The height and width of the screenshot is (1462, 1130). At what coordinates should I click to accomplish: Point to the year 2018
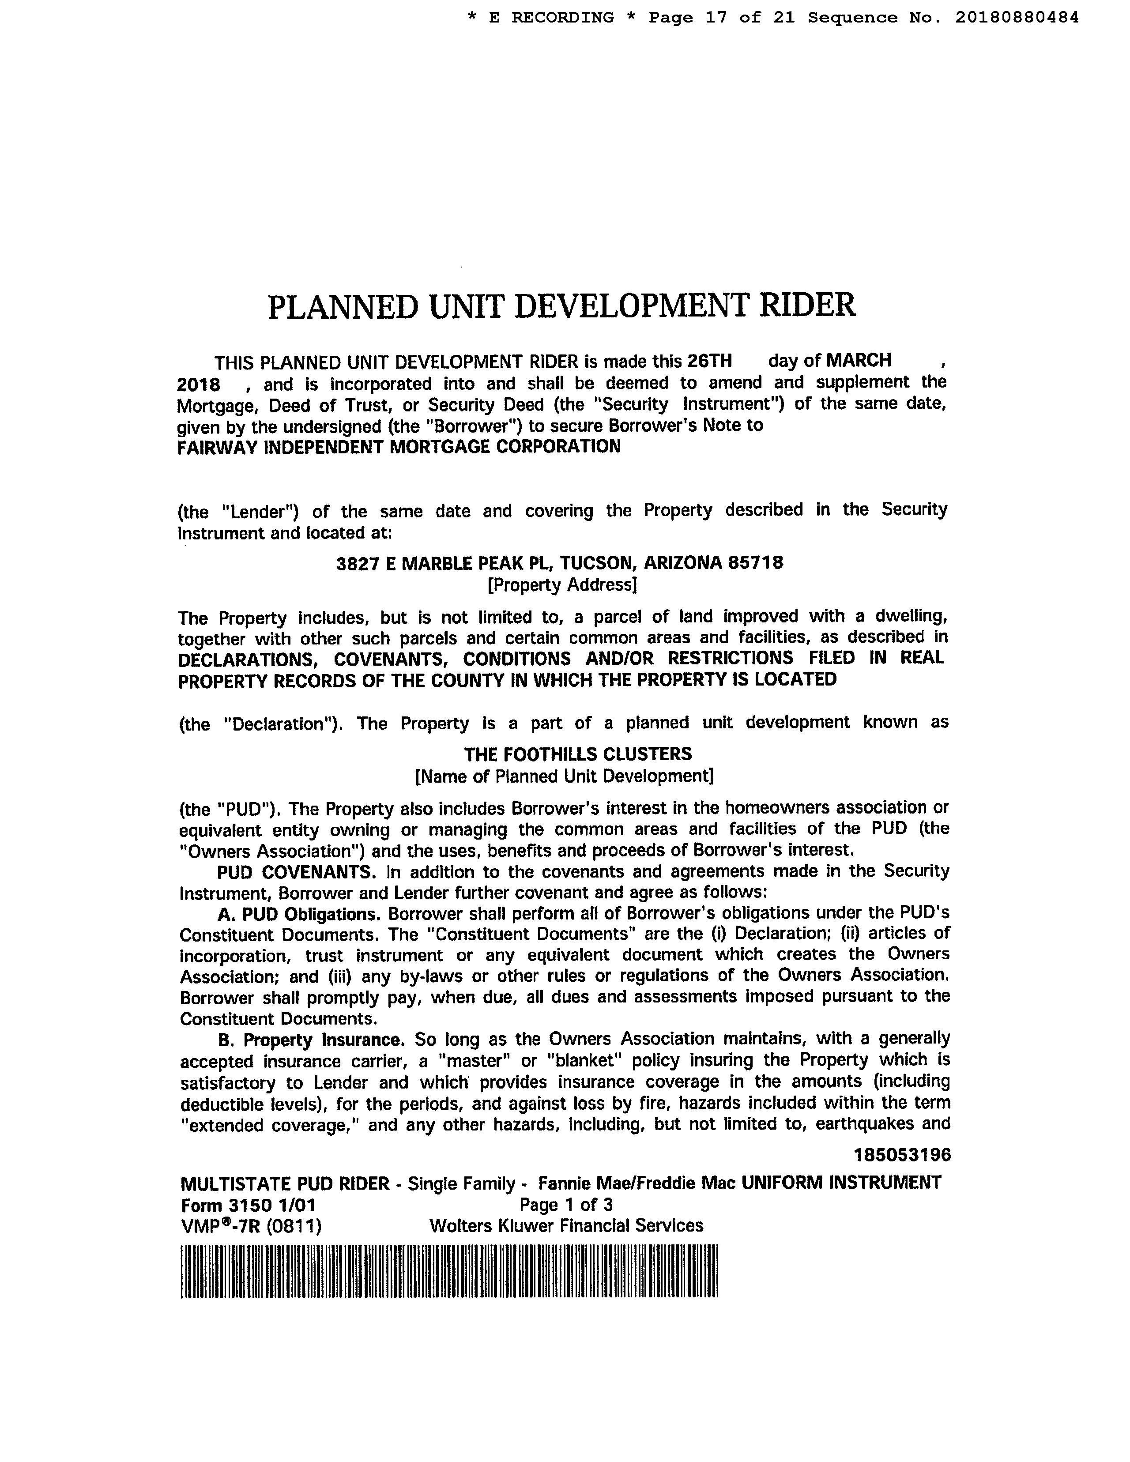pos(199,384)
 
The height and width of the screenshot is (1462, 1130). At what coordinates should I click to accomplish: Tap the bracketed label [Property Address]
pos(561,585)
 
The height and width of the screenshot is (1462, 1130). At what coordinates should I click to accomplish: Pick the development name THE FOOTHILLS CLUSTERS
pos(578,754)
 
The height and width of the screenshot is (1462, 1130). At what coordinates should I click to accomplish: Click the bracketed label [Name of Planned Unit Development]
pos(564,776)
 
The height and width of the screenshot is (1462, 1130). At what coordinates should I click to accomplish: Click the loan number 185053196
pos(902,1155)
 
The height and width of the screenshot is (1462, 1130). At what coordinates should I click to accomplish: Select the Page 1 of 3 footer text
pos(566,1205)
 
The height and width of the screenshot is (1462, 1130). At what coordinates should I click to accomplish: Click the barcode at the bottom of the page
pos(448,1271)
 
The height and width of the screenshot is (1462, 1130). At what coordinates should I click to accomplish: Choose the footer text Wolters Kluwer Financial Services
pos(566,1226)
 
